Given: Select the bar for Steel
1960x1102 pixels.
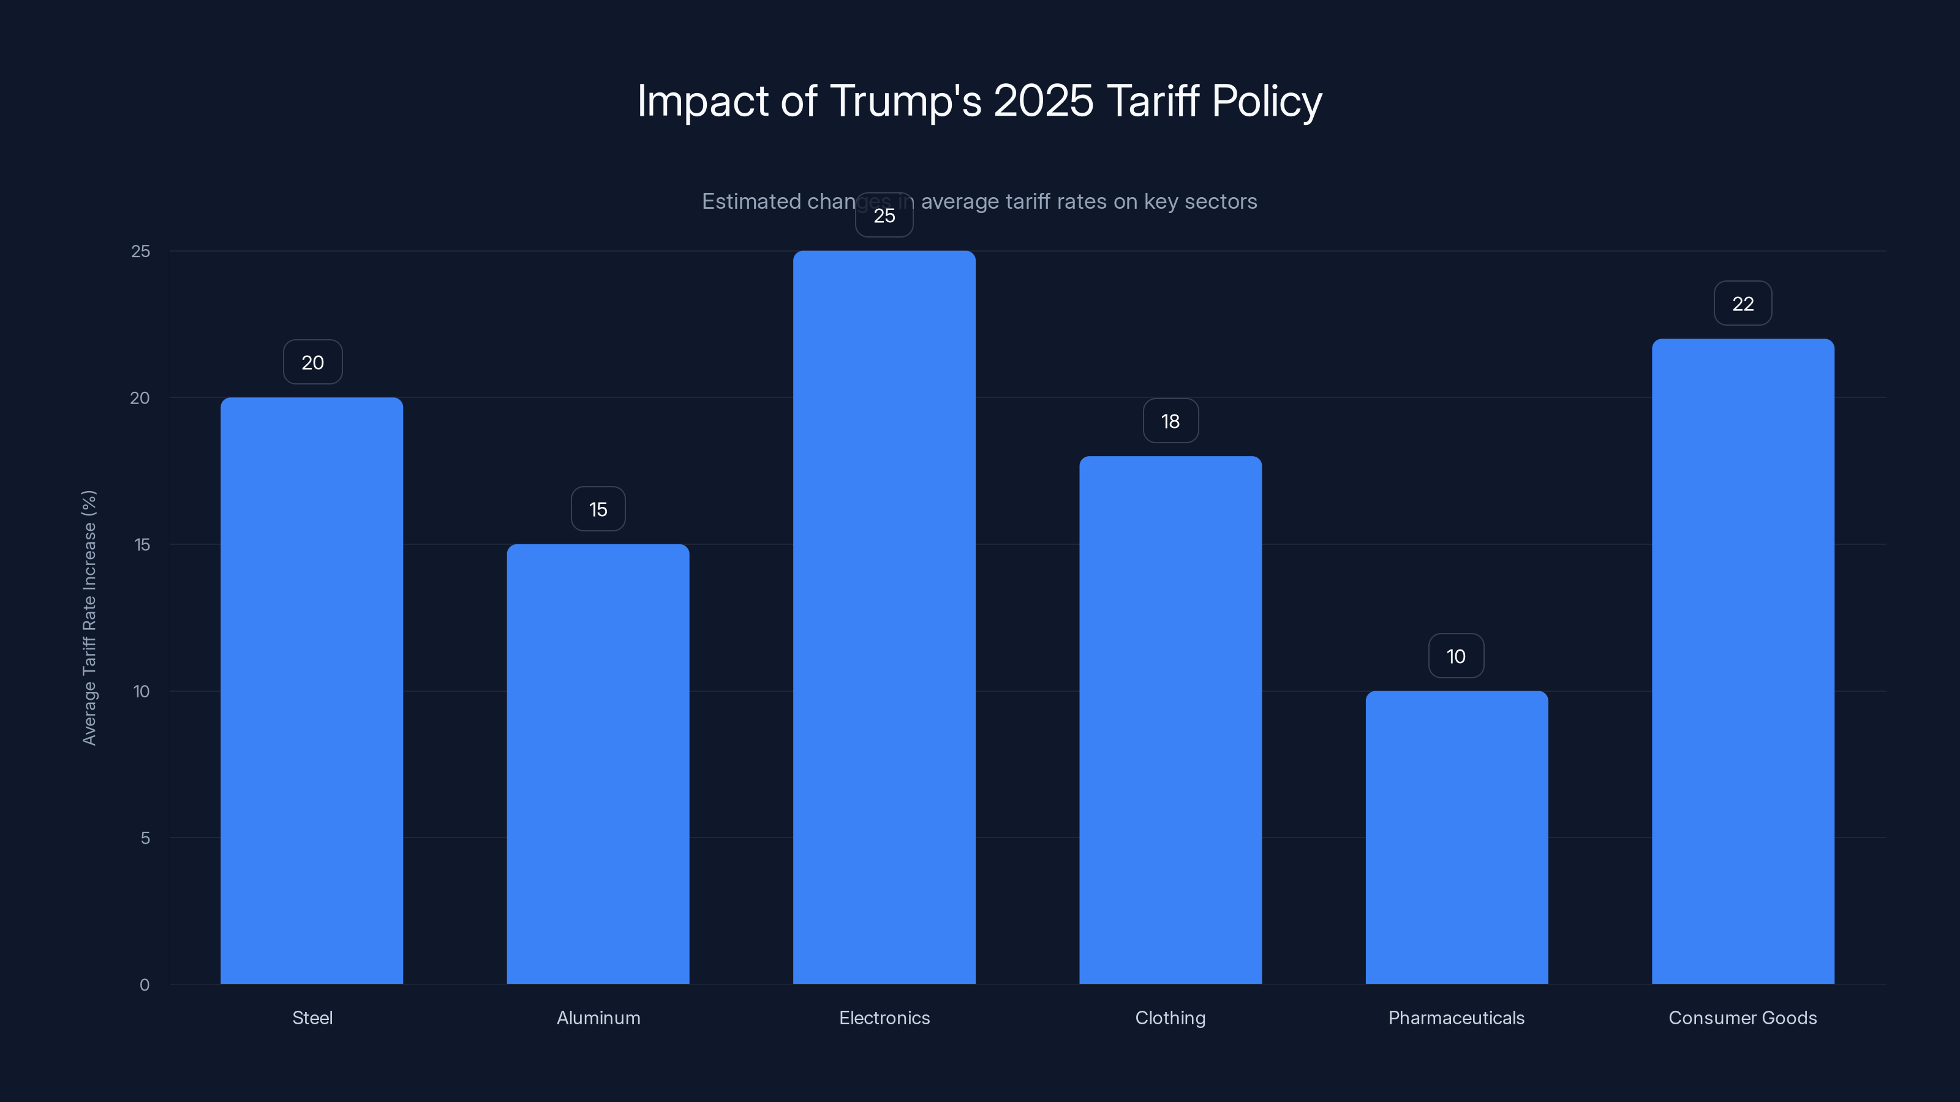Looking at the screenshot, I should point(312,691).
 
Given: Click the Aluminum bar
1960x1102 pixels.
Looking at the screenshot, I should point(598,763).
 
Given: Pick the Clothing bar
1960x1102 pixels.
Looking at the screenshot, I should point(1170,719).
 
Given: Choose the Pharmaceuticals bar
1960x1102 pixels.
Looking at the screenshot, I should point(1457,838).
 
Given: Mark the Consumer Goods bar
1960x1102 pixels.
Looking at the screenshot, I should point(1743,661).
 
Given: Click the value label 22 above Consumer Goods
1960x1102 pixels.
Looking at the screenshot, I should point(1743,304).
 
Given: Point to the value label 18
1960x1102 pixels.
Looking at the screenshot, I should point(1170,421).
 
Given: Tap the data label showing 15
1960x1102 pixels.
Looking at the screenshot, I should point(598,509).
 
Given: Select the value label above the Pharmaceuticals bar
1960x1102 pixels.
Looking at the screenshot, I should point(1455,656).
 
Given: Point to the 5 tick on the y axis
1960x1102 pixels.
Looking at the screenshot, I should point(145,838).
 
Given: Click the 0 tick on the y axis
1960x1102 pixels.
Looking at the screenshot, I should point(145,985).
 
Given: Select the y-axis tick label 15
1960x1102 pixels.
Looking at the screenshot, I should point(141,544).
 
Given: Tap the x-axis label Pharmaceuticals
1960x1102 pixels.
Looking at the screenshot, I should point(1455,1018).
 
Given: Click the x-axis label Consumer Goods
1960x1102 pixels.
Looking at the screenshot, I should point(1743,1018).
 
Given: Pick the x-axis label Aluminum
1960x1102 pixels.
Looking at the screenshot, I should point(598,1018).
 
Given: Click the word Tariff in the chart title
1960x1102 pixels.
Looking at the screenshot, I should point(1153,100).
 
